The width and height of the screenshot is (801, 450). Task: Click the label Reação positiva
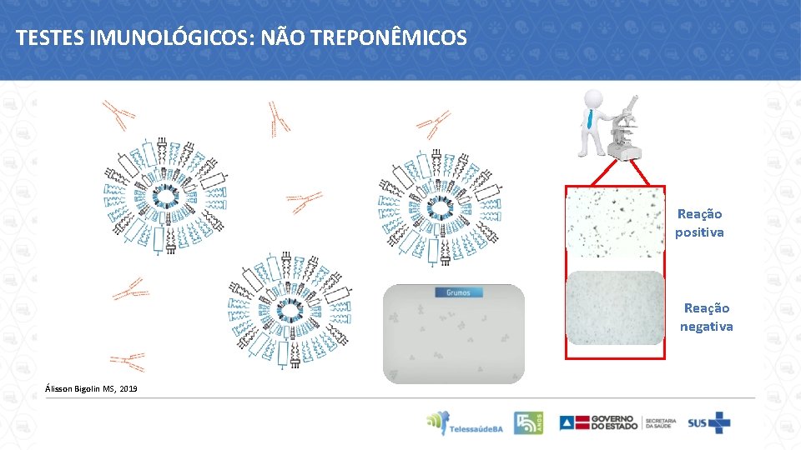[x=699, y=223]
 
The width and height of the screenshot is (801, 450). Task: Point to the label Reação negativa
[x=706, y=317]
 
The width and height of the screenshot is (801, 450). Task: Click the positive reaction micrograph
[x=616, y=221]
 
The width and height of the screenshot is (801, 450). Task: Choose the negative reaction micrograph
[x=616, y=307]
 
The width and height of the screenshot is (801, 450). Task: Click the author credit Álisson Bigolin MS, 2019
[x=92, y=389]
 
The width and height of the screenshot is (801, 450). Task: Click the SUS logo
[x=708, y=423]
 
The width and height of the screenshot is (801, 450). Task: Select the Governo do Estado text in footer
[x=613, y=423]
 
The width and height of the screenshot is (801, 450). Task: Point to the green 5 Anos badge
[x=527, y=423]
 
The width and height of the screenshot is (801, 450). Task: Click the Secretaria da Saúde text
[x=659, y=423]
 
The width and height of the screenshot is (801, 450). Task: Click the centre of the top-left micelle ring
[x=166, y=195]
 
